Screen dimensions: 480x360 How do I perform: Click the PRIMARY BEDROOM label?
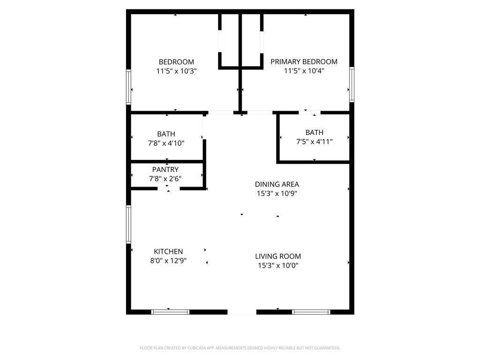click(x=304, y=61)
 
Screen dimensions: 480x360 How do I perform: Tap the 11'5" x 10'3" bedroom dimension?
click(x=176, y=71)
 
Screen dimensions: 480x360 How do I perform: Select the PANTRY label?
click(x=165, y=169)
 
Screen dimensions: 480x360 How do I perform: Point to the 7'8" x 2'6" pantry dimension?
click(x=165, y=179)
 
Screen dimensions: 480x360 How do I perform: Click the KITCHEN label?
click(x=168, y=251)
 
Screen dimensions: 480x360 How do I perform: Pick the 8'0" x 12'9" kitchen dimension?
click(x=168, y=261)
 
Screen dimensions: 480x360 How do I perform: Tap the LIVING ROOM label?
click(x=278, y=256)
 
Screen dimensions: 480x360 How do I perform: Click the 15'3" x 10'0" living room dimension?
click(x=278, y=265)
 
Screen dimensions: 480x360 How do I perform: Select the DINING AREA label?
click(x=277, y=184)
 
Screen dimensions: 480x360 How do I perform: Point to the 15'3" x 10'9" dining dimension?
click(x=277, y=194)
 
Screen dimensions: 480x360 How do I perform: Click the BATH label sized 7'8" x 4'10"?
click(x=166, y=134)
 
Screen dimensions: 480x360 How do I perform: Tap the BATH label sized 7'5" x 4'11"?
click(x=315, y=133)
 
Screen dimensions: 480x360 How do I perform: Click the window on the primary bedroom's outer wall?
click(x=352, y=84)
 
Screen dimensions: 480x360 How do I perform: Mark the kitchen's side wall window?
click(x=128, y=225)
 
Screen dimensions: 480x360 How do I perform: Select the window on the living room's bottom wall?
click(x=311, y=312)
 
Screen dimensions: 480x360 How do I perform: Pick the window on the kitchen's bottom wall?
click(x=170, y=312)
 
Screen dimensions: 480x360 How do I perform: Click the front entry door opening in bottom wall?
click(x=242, y=312)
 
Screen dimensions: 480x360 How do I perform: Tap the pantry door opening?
click(x=169, y=188)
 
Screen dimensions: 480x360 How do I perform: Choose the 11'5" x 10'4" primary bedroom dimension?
click(x=304, y=71)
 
